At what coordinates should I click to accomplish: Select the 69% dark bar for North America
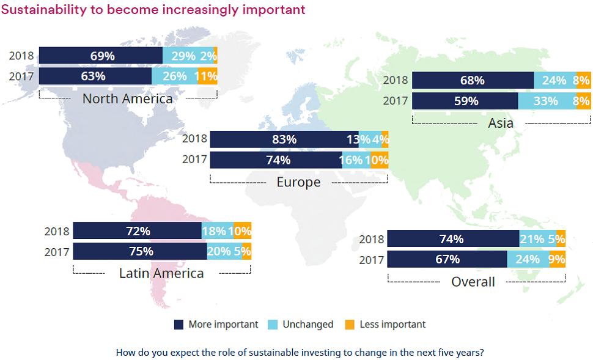101,56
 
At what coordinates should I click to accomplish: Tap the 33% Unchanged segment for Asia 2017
545,101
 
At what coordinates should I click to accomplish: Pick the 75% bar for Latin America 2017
140,251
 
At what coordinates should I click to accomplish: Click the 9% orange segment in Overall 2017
557,259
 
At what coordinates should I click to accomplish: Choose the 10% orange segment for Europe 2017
377,160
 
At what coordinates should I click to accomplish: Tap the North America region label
127,98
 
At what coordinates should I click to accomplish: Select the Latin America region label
161,273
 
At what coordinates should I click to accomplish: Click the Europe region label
298,182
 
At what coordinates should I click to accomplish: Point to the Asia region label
500,123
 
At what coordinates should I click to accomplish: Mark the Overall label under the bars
473,282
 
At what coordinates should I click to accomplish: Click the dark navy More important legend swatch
179,325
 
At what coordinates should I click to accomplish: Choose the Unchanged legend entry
308,325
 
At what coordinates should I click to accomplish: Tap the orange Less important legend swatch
350,325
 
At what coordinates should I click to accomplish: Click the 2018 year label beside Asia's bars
395,80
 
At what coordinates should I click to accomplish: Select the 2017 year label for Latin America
56,251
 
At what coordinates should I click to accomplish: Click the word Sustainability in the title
44,10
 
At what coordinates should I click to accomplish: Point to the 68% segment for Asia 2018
473,80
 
